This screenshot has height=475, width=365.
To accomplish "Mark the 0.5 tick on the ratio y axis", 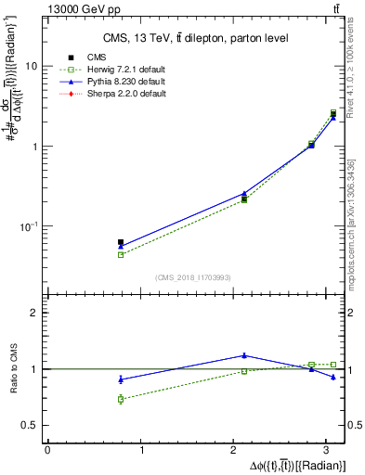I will tap(31, 425).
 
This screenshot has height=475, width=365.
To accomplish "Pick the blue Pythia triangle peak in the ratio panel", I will tap(244, 355).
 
